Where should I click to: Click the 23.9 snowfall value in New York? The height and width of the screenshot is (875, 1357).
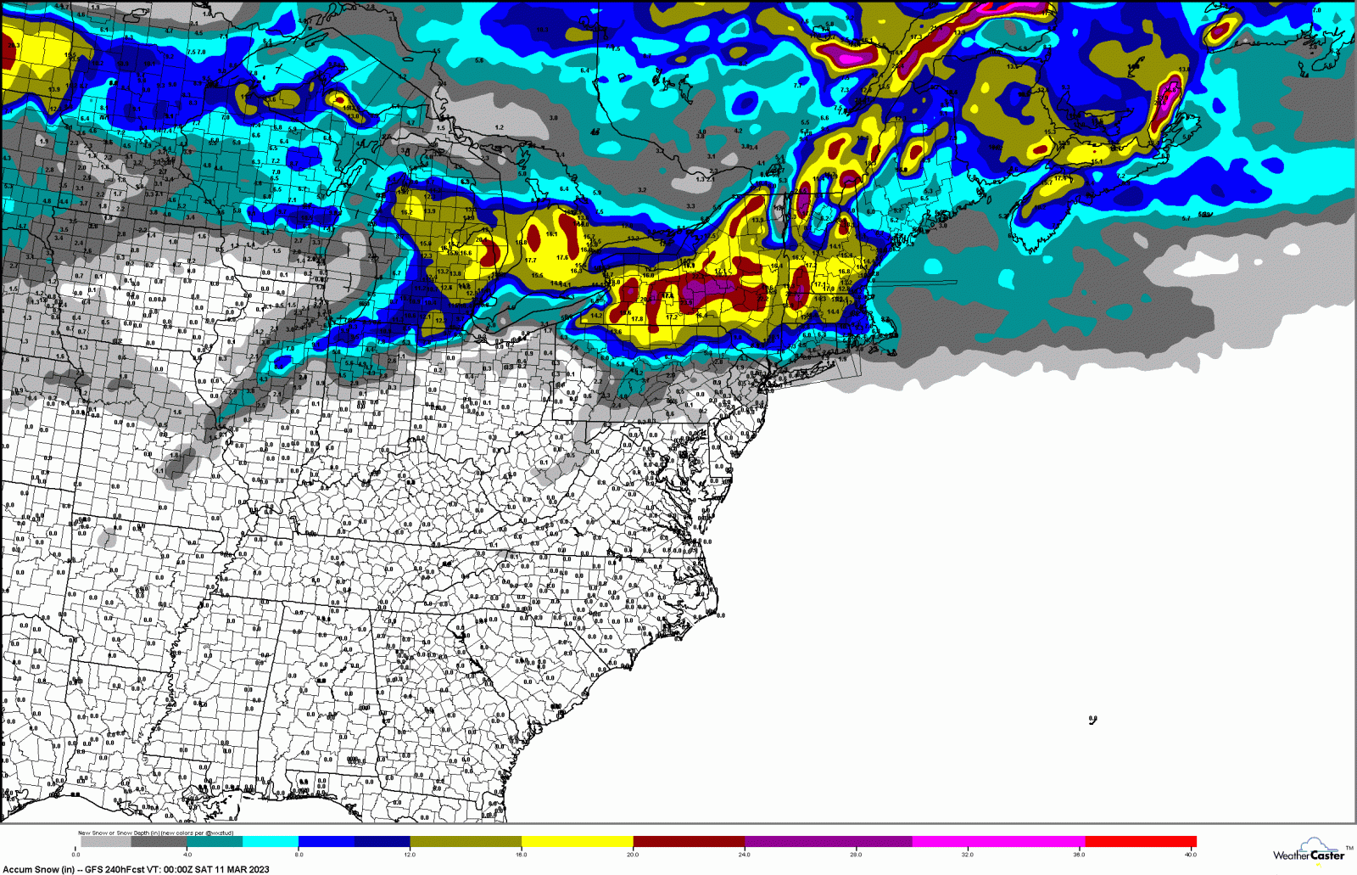pyautogui.click(x=686, y=302)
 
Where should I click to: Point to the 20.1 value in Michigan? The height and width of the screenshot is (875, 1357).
pyautogui.click(x=481, y=240)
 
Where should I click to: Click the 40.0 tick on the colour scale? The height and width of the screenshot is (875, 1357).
pyautogui.click(x=1191, y=855)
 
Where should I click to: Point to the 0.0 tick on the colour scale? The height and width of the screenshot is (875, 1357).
pyautogui.click(x=76, y=855)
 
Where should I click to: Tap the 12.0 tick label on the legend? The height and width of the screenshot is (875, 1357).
pyautogui.click(x=410, y=855)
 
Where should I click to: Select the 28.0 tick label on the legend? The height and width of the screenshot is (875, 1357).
pyautogui.click(x=856, y=855)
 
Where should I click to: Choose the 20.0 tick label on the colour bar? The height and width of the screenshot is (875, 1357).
pyautogui.click(x=633, y=855)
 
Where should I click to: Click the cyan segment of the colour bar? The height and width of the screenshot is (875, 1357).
pyautogui.click(x=271, y=842)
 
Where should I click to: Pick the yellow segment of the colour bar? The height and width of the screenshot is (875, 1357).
pyautogui.click(x=577, y=842)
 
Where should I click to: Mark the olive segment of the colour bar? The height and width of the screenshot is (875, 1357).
pyautogui.click(x=466, y=842)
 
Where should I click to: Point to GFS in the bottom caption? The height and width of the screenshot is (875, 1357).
pyautogui.click(x=93, y=869)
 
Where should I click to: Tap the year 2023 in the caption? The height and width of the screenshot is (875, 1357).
pyautogui.click(x=258, y=869)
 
